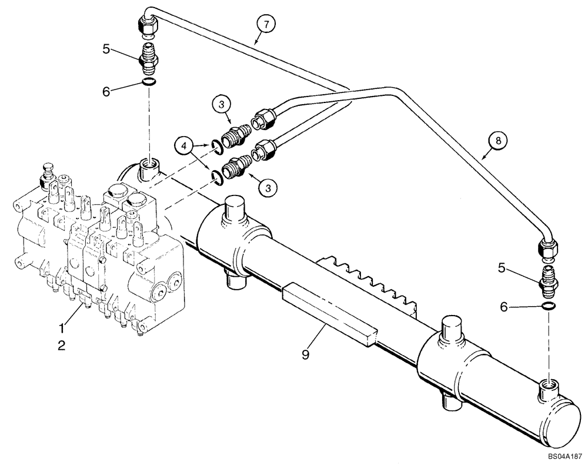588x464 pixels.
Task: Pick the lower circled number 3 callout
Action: pyautogui.click(x=268, y=188)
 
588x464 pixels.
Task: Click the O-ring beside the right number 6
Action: pyautogui.click(x=548, y=305)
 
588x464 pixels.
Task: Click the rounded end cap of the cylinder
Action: pyautogui.click(x=563, y=419)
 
